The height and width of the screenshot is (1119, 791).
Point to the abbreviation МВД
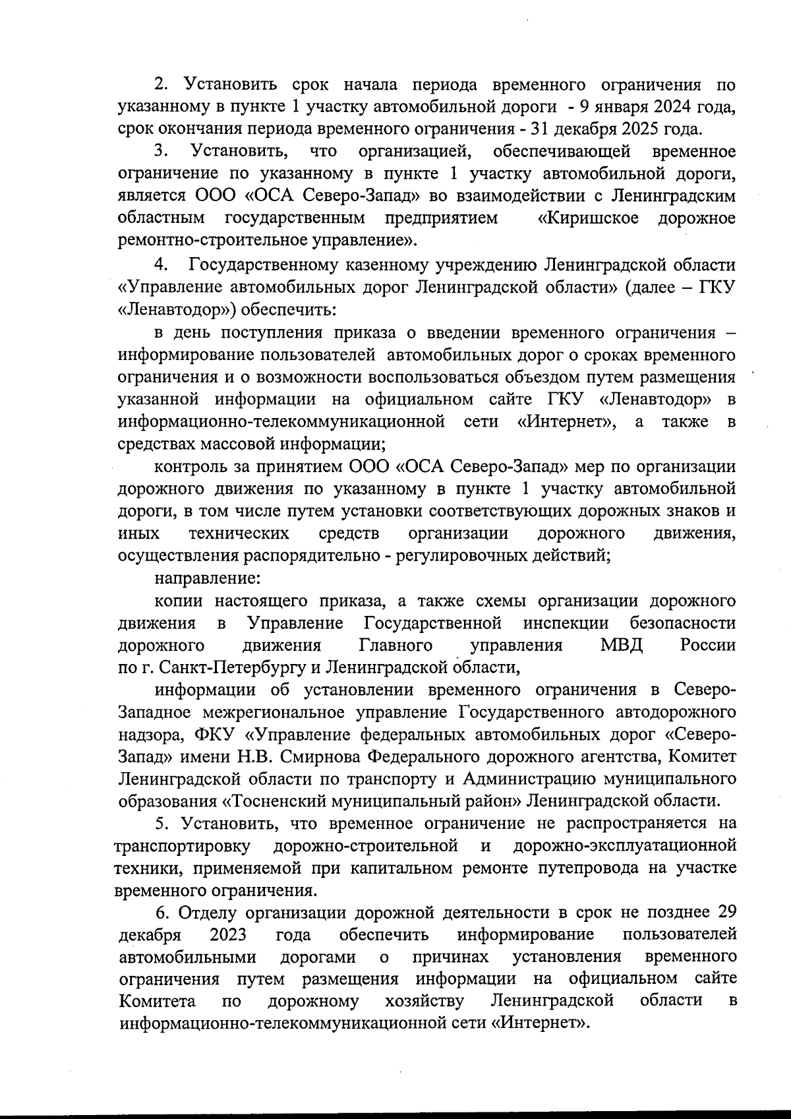click(622, 644)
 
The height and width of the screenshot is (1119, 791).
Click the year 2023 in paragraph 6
click(228, 935)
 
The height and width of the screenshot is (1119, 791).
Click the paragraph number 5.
click(161, 824)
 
